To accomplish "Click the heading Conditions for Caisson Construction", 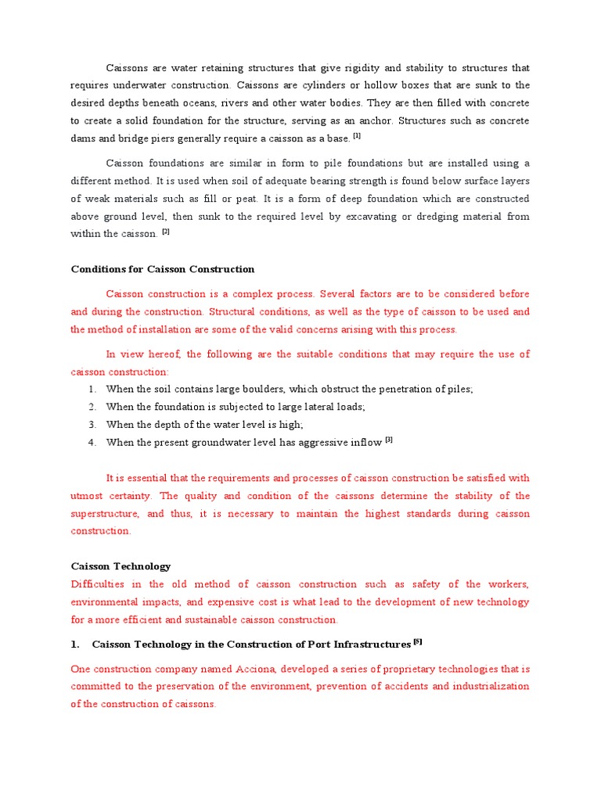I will pyautogui.click(x=163, y=269).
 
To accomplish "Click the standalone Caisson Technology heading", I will pyautogui.click(x=121, y=566).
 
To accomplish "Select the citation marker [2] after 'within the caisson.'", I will pyautogui.click(x=166, y=232).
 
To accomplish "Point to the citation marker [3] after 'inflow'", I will pyautogui.click(x=389, y=440).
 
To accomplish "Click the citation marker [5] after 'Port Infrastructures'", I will pyautogui.click(x=417, y=643).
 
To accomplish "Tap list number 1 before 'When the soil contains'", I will pyautogui.click(x=92, y=389).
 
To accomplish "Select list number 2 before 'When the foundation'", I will pyautogui.click(x=92, y=407).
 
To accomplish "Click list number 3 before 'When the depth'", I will pyautogui.click(x=92, y=425).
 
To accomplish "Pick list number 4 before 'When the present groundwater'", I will pyautogui.click(x=92, y=443).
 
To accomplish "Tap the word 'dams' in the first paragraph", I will pyautogui.click(x=83, y=138).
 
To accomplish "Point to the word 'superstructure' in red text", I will pyautogui.click(x=105, y=514).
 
